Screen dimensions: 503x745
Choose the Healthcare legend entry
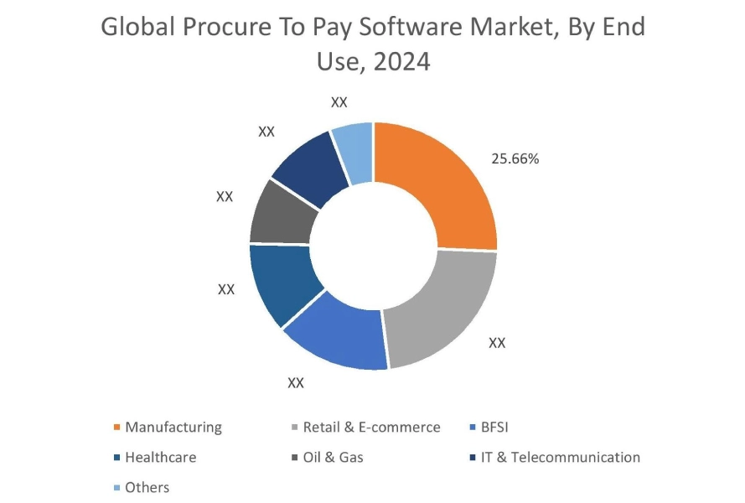[x=160, y=457]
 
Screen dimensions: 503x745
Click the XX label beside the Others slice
[x=339, y=102]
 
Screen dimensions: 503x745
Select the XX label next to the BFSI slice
[x=296, y=382]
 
